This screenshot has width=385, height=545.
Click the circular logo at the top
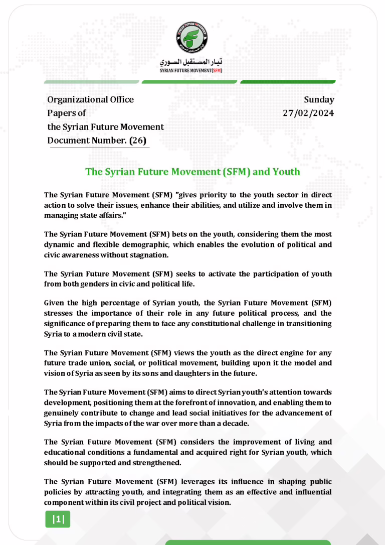[192, 38]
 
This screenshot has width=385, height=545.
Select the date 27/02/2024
[308, 113]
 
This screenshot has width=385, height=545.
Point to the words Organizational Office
[90, 99]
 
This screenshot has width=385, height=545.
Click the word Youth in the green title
[286, 172]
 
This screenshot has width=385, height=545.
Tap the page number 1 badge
[58, 519]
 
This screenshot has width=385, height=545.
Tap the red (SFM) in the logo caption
[217, 71]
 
